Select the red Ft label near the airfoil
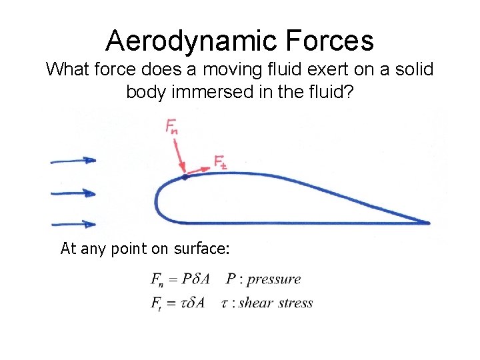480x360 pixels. click(x=221, y=162)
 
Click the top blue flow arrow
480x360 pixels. click(x=73, y=161)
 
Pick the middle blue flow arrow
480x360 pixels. click(x=73, y=193)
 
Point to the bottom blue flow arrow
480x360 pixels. click(x=73, y=224)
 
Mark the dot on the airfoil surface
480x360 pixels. click(x=185, y=177)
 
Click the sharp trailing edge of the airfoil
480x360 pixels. click(x=427, y=223)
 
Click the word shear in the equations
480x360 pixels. click(x=254, y=303)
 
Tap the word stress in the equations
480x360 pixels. click(x=293, y=303)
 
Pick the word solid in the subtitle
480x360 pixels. click(x=406, y=69)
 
